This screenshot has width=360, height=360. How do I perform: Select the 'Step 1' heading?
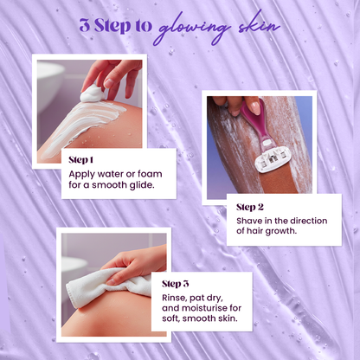coord(82,159)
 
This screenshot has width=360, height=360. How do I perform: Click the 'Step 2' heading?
coord(250,208)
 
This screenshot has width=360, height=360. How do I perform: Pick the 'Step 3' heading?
coord(176,283)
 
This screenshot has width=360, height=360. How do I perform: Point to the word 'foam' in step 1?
coord(151,171)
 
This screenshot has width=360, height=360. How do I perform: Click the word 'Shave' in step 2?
coord(251,221)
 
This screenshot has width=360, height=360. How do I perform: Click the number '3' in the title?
coord(84,25)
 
